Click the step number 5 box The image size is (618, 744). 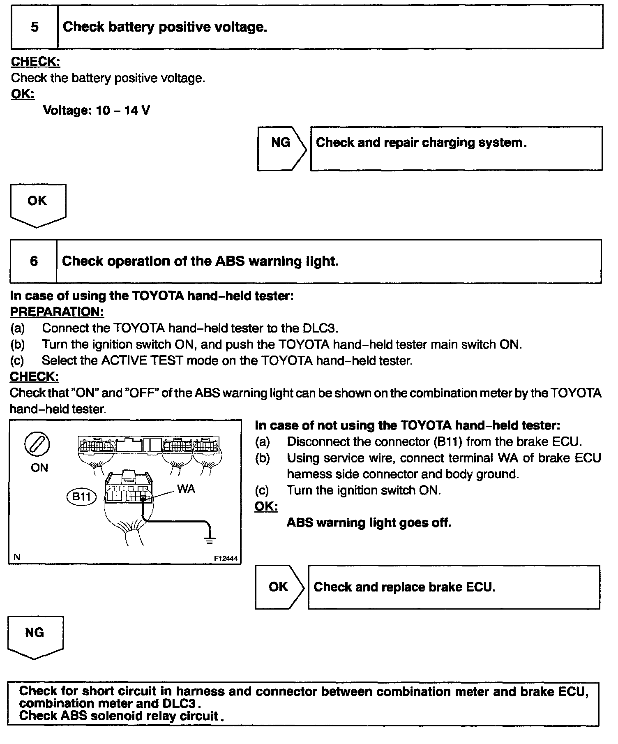click(35, 27)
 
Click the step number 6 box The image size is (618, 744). click(34, 261)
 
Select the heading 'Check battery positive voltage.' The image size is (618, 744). click(165, 27)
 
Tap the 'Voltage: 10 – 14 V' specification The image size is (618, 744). click(97, 110)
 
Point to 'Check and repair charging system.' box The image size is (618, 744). click(456, 148)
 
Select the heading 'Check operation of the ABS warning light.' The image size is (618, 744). click(200, 261)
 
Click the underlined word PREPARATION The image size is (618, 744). click(57, 312)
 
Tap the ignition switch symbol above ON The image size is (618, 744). click(37, 445)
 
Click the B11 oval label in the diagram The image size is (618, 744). click(81, 497)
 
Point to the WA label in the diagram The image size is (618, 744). click(186, 489)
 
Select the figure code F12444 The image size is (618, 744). click(226, 559)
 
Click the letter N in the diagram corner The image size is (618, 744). click(17, 557)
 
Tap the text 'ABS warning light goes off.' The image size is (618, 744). click(369, 522)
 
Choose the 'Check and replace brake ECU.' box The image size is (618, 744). click(454, 587)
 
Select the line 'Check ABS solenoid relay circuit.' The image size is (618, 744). click(121, 716)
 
